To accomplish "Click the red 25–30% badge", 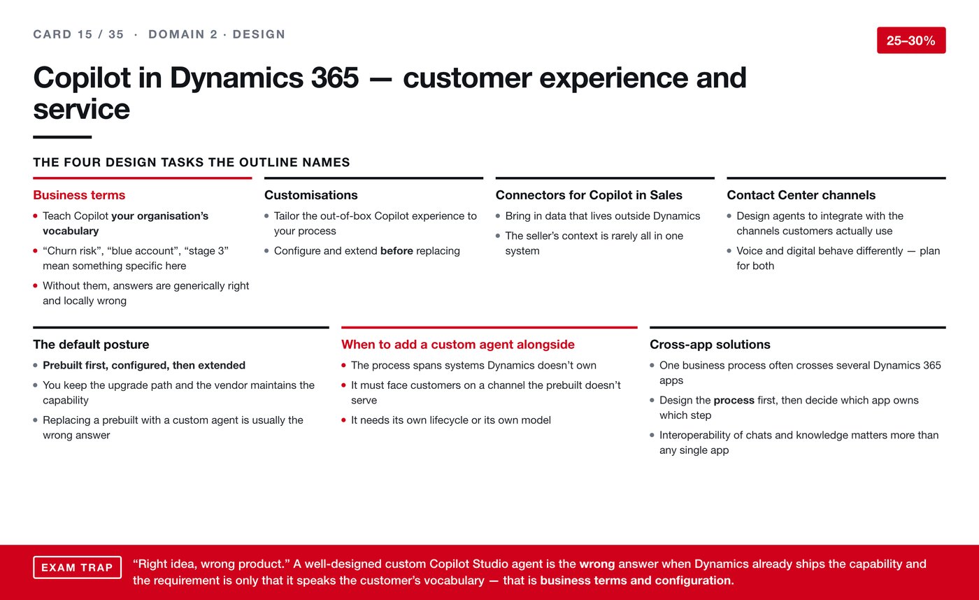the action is (911, 40).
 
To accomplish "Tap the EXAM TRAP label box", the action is (78, 567).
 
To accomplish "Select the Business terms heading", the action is (79, 195).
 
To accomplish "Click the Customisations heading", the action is (310, 195).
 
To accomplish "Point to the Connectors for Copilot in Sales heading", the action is (589, 195).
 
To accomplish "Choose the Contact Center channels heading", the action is (801, 195).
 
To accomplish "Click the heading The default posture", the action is (91, 344).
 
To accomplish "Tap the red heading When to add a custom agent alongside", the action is (457, 344).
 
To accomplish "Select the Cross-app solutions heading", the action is (710, 344).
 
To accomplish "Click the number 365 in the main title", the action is (335, 78).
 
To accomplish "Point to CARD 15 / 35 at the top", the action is (78, 34).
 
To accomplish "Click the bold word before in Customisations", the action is (396, 251).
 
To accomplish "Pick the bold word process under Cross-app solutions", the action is (734, 400).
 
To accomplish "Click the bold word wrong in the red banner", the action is (597, 564).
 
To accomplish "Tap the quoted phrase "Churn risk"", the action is (73, 251).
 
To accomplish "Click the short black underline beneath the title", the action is (62, 137).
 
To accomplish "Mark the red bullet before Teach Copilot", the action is (36, 216).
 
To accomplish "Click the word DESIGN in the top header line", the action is (259, 34).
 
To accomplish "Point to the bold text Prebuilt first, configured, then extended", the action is (144, 365).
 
